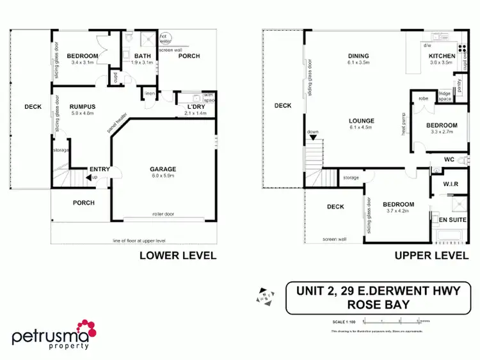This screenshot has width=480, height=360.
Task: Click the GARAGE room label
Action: (x=163, y=169)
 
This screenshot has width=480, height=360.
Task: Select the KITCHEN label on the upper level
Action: (x=442, y=56)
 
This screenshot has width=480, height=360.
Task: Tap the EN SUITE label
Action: (x=452, y=220)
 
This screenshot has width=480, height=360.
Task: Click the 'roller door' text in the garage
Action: (x=163, y=215)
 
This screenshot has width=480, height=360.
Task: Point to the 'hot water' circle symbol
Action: (x=165, y=38)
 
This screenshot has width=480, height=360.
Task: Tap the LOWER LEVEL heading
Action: (x=177, y=255)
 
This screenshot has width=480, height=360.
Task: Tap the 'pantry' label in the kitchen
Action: (x=457, y=82)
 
